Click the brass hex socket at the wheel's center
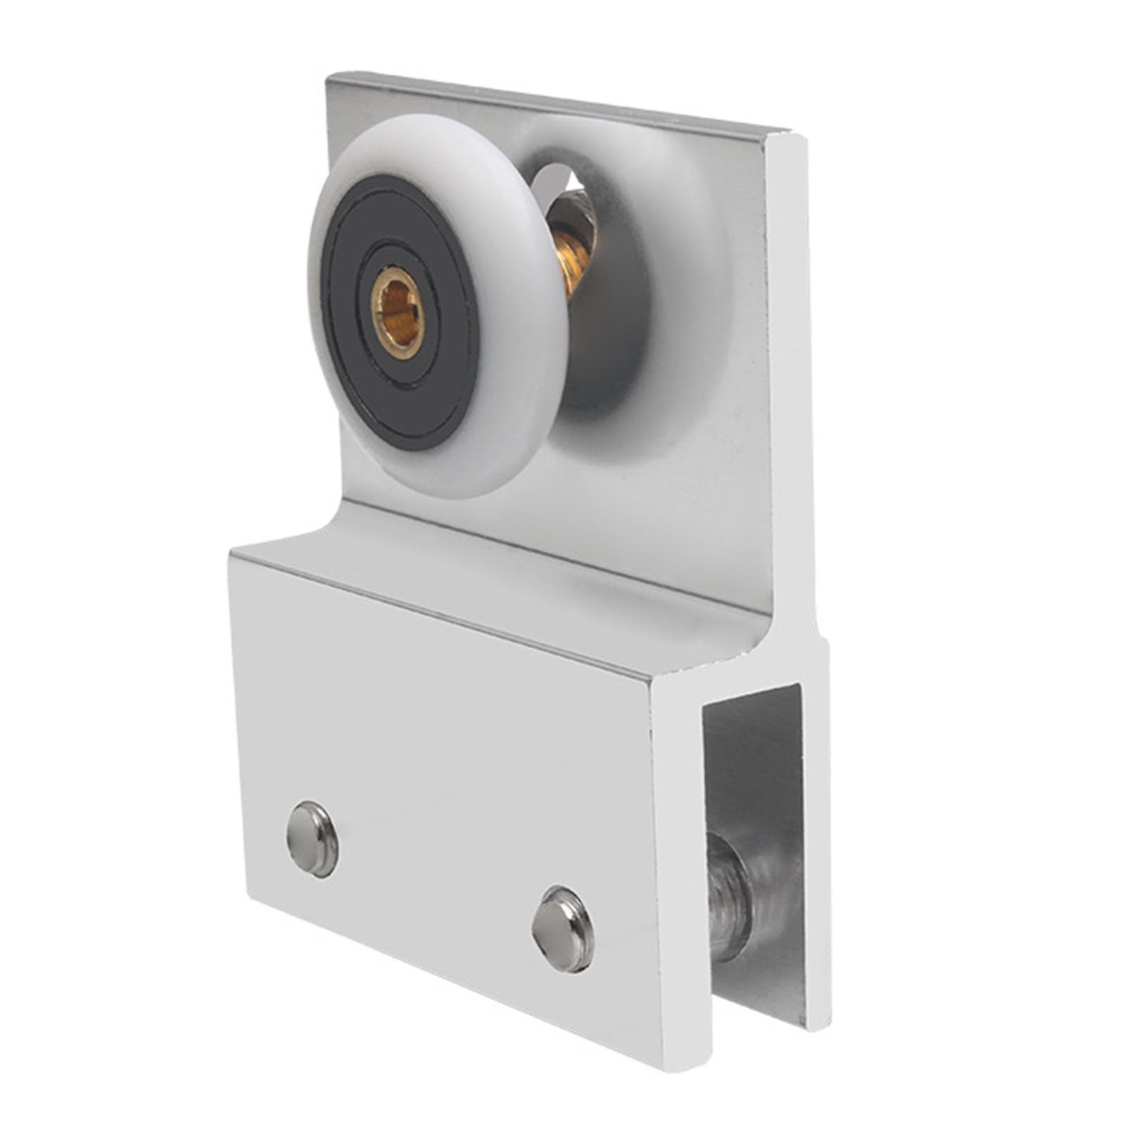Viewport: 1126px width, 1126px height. point(398,313)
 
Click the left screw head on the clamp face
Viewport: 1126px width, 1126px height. point(312,839)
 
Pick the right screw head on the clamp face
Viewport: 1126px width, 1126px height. point(563,929)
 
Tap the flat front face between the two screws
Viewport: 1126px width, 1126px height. point(436,880)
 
